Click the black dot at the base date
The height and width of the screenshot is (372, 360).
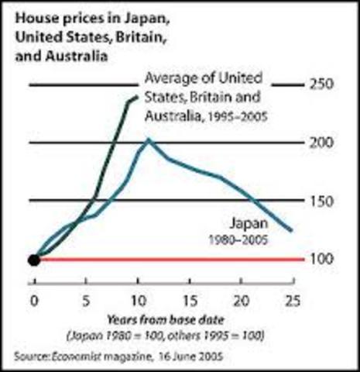click(33, 259)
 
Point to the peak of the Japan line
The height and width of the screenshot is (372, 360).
click(148, 140)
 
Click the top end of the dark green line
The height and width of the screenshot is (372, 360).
click(137, 96)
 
